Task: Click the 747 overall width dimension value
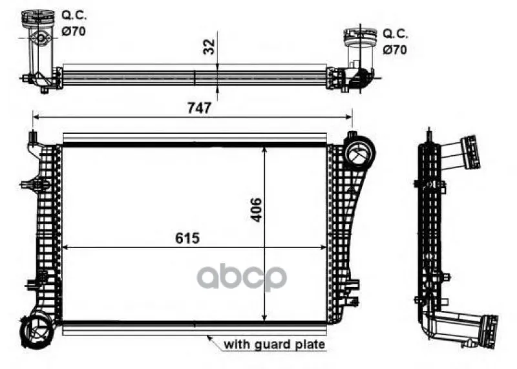[199, 108]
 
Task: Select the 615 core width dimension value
[187, 238]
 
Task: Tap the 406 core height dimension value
[256, 210]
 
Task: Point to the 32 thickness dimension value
[209, 47]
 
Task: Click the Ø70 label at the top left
[74, 31]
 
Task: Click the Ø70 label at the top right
[395, 50]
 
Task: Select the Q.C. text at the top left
[74, 15]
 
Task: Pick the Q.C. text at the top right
[396, 34]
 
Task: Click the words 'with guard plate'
[274, 344]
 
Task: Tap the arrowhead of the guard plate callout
[209, 338]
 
